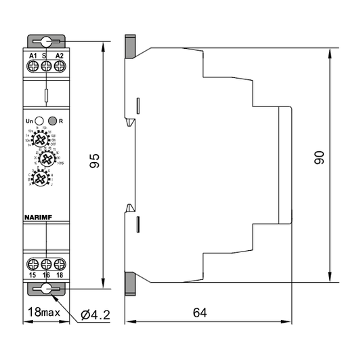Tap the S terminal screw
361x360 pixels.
46,66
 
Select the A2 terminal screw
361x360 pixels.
59,66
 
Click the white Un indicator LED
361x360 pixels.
39,120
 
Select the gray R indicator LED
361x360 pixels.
52,120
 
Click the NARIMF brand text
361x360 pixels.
37,218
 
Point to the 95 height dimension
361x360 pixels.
95,161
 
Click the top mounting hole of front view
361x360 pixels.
46,41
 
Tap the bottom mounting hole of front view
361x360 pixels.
46,289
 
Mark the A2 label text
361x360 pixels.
59,55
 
